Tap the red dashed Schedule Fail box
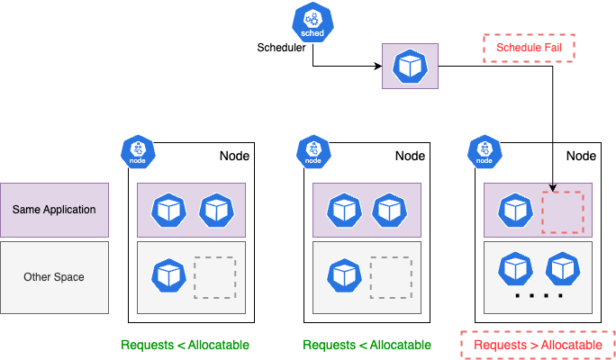point(530,47)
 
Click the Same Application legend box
point(54,210)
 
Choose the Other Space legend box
point(54,277)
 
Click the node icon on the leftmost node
point(139,152)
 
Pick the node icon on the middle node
point(314,152)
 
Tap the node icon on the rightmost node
point(485,152)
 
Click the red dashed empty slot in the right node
point(562,211)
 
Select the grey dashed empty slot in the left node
point(214,276)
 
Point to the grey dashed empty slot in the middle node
point(390,276)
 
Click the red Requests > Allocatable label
point(538,345)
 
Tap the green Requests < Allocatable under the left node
point(185,345)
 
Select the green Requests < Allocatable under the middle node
point(367,345)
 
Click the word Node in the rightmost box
point(580,156)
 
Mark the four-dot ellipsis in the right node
point(538,296)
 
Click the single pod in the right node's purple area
point(513,211)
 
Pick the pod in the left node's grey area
point(168,274)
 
